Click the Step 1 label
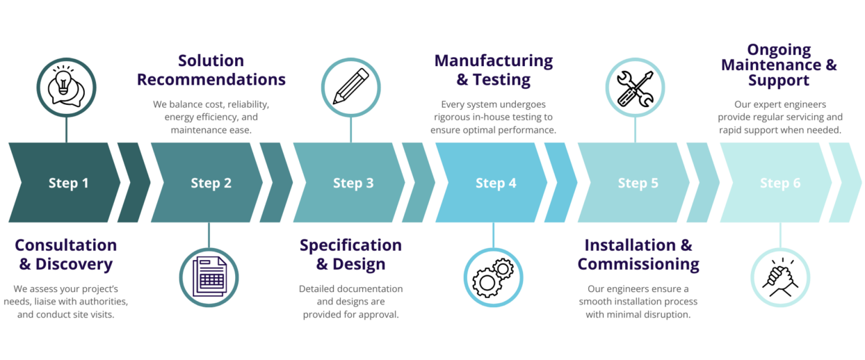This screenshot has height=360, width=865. [x=68, y=183]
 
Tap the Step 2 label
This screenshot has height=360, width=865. [x=211, y=183]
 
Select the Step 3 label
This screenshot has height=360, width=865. [x=353, y=183]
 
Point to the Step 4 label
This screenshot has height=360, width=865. [x=496, y=183]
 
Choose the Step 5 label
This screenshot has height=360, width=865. [x=638, y=183]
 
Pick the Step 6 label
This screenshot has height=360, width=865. [x=779, y=183]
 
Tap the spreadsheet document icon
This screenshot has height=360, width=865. [x=209, y=277]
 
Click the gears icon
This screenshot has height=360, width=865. [x=493, y=277]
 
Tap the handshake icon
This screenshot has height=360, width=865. [x=780, y=277]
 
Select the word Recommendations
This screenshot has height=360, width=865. [x=211, y=80]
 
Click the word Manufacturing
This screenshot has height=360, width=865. [x=493, y=61]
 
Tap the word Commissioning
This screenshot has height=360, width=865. [x=638, y=265]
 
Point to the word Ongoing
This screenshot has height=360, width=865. [x=779, y=50]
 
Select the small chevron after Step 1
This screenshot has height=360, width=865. [x=134, y=183]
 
